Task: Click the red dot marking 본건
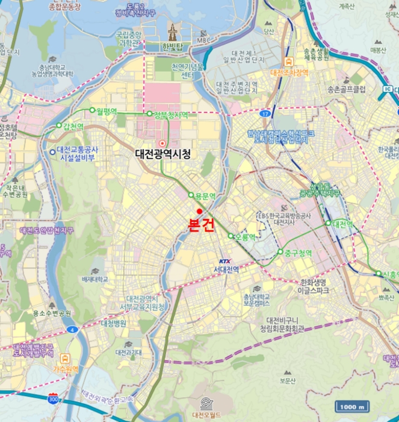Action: [199, 210]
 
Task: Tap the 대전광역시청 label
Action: [163, 154]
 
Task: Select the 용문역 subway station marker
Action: [191, 195]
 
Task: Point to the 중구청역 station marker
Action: [280, 252]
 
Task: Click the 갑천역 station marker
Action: [60, 125]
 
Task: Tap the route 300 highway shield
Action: [53, 399]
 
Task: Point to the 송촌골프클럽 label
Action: [347, 89]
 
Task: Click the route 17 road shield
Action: [266, 113]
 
